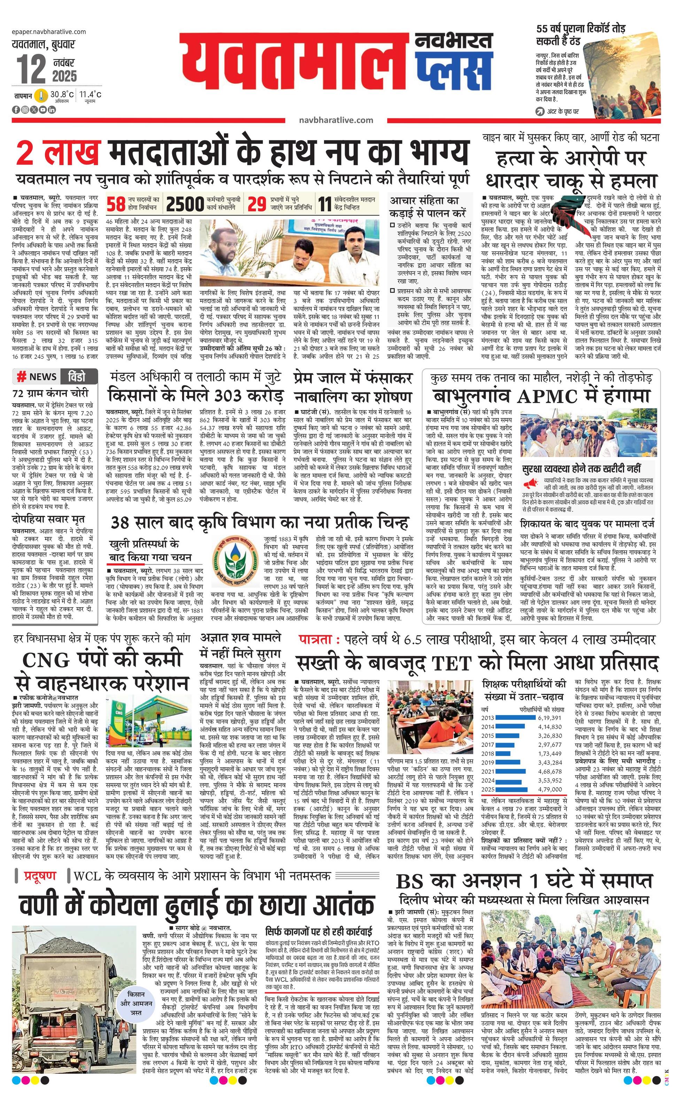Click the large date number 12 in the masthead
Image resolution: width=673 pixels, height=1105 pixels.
click(x=31, y=69)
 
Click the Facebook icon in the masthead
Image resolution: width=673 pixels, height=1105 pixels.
click(x=16, y=109)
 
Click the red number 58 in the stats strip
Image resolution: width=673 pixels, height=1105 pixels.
click(x=116, y=204)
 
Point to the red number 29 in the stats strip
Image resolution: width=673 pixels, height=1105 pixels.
click(x=257, y=204)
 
